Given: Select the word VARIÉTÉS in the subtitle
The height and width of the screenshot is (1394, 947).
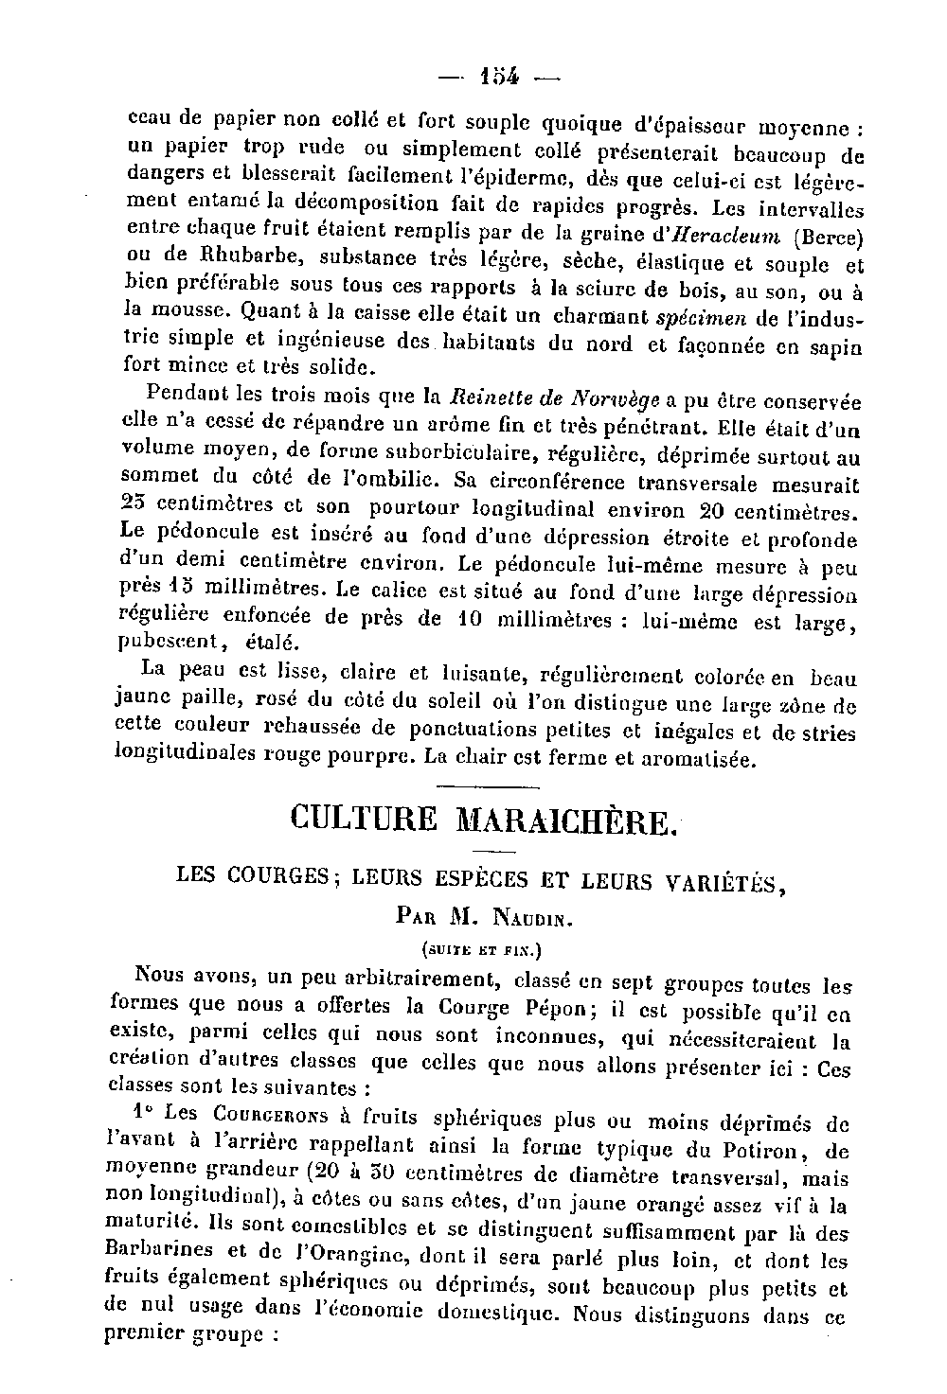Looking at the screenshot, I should [721, 882].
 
